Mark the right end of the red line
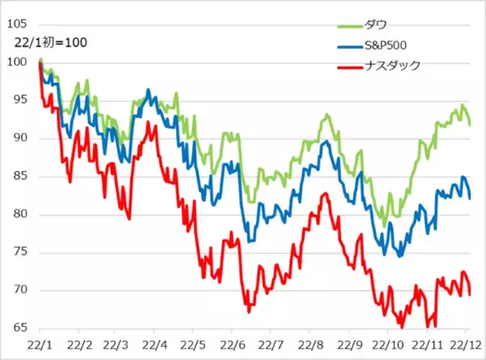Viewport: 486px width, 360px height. tap(471, 294)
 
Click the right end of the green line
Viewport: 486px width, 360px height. tap(471, 124)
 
